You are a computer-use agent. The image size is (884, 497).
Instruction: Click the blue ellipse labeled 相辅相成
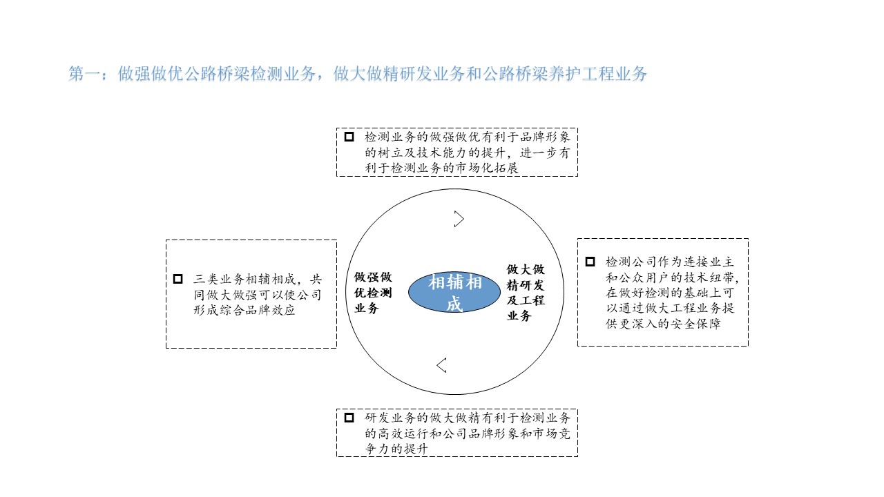click(454, 293)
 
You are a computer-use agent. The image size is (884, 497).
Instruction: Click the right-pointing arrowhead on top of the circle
click(459, 219)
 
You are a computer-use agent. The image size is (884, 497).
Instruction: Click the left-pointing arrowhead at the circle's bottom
click(441, 364)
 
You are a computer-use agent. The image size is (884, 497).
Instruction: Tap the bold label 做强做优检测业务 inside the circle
click(373, 293)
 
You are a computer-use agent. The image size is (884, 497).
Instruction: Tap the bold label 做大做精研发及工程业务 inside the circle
click(526, 293)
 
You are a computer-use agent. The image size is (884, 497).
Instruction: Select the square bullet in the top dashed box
click(349, 137)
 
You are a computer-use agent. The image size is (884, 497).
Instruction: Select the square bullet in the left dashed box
click(178, 279)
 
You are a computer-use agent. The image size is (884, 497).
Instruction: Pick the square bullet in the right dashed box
click(590, 262)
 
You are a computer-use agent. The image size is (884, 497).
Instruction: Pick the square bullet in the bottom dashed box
click(349, 418)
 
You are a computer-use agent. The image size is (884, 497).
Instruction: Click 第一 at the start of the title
click(84, 75)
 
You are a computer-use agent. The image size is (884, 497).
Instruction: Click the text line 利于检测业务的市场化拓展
click(442, 168)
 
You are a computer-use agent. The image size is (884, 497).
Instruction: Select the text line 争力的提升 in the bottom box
click(396, 449)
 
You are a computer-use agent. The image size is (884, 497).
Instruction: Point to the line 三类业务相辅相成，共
click(257, 280)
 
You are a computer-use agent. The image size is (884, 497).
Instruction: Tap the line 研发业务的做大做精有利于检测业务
click(468, 418)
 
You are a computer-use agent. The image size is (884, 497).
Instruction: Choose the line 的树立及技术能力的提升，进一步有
click(468, 153)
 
